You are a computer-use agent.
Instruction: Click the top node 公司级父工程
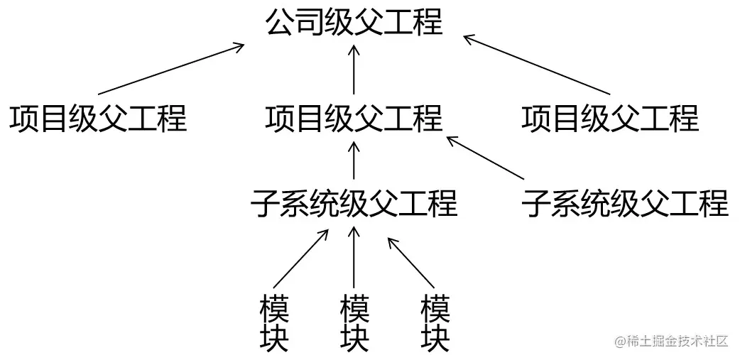pos(354,23)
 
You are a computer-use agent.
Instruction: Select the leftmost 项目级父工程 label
pos(98,118)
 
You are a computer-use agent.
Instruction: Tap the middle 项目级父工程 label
pos(354,118)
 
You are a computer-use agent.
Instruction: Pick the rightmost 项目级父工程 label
pos(610,118)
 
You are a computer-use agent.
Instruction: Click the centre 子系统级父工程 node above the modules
pos(354,203)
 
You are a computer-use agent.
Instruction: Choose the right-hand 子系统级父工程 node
pos(625,203)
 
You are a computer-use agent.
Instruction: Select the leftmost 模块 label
pos(274,324)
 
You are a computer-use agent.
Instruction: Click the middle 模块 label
pos(354,324)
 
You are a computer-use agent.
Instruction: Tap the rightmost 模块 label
pos(435,324)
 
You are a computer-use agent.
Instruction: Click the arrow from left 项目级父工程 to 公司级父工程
pos(170,69)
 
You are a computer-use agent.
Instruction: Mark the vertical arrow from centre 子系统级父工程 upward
pos(354,159)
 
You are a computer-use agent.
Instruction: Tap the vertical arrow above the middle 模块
pos(354,257)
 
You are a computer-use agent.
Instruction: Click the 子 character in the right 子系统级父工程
pos(536,203)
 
